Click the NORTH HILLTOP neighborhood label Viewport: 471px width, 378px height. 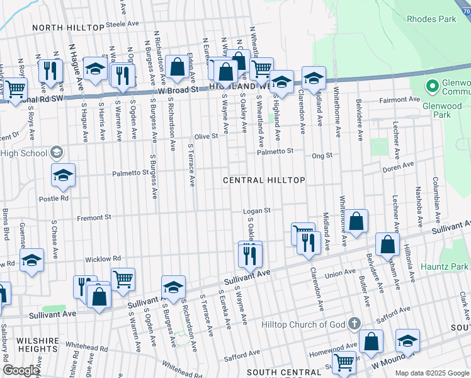click(x=68, y=28)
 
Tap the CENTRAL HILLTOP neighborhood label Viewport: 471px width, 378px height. click(x=264, y=180)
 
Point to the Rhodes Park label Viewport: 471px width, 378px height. click(x=431, y=20)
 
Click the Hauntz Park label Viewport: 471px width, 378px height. click(x=445, y=267)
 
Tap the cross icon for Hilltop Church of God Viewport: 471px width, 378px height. click(x=355, y=324)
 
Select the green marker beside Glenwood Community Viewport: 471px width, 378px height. click(x=432, y=85)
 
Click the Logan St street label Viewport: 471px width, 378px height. click(x=258, y=210)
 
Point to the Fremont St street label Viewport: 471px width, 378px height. click(x=94, y=217)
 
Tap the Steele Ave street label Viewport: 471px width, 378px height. click(x=122, y=24)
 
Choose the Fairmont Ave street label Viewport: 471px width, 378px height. click(x=399, y=100)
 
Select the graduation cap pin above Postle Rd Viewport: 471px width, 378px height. click(x=63, y=176)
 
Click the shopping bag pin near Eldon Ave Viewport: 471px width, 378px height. click(x=178, y=66)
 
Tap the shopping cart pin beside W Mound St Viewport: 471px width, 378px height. click(x=344, y=362)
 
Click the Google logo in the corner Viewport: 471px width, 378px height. click(x=21, y=370)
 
